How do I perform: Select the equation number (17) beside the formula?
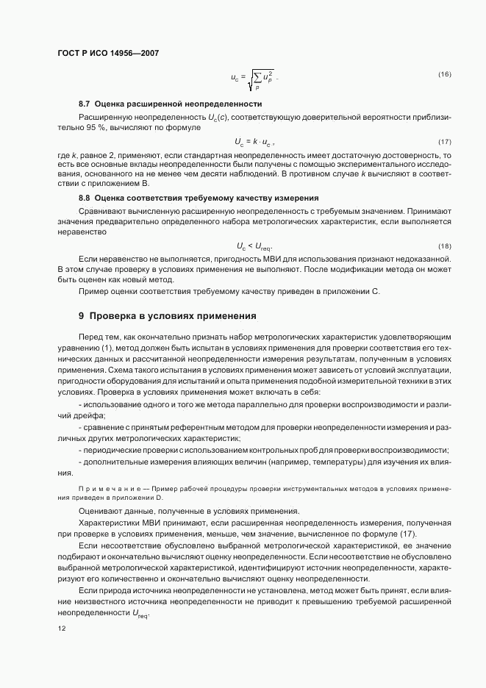(x=444, y=141)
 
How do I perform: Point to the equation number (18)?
(x=444, y=246)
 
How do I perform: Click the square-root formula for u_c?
(x=254, y=78)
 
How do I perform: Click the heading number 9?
(x=82, y=316)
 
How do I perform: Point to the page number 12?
(x=61, y=629)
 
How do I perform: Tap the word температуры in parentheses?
(x=346, y=462)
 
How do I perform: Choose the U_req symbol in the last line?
(x=140, y=615)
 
